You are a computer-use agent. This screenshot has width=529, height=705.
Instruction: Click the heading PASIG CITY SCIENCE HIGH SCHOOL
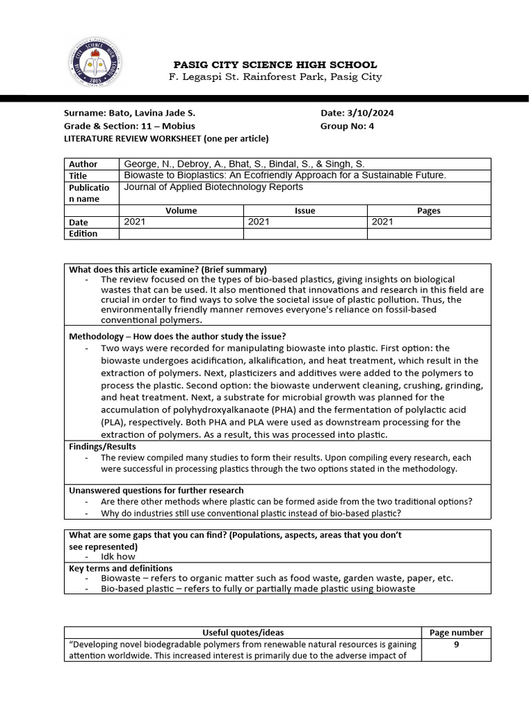coord(275,65)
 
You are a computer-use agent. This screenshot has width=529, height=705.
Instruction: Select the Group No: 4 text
coord(347,126)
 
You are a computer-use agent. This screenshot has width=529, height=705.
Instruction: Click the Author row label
coord(83,164)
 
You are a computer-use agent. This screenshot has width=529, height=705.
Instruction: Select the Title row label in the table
coord(79,176)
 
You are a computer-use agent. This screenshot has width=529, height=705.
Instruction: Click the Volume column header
coord(181,211)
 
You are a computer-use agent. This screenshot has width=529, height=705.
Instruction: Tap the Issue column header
coord(304,211)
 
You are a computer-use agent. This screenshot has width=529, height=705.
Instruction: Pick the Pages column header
coord(428,211)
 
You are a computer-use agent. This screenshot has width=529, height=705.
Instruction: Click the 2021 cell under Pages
coord(382,222)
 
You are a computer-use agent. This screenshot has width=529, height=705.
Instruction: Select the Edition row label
coord(83,233)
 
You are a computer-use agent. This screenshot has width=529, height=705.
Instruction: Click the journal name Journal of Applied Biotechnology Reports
coord(213,187)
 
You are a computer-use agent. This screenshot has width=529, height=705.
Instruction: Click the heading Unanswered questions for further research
coord(156,490)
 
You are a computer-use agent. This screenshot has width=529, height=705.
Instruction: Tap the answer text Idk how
coord(118,556)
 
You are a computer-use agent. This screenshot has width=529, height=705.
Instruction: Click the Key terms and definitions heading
coord(121,568)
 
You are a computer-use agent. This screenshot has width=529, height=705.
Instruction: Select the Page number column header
coord(456,632)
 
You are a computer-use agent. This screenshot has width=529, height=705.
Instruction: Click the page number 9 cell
coord(456,644)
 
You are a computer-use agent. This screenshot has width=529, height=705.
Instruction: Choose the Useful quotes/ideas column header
coord(242,632)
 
